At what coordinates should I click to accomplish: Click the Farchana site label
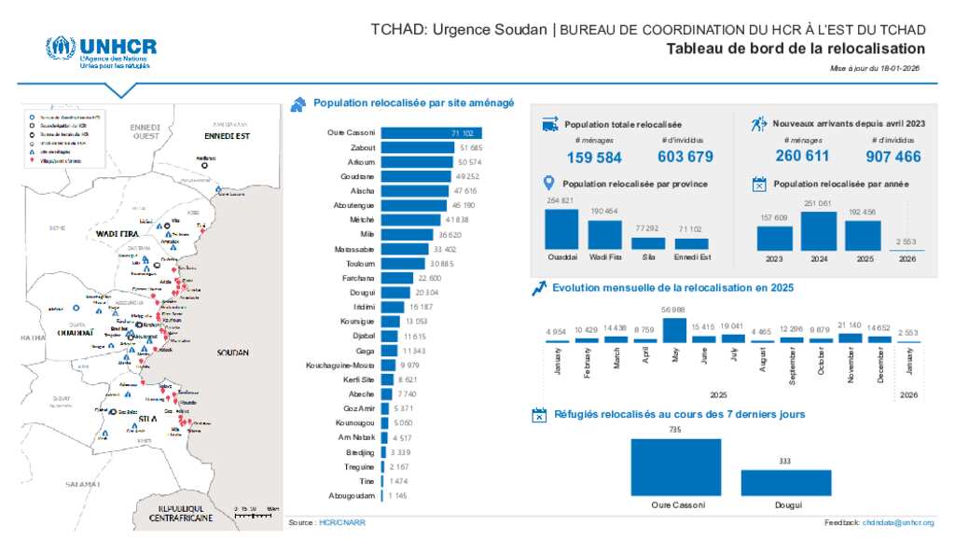360,278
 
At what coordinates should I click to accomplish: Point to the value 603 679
685,157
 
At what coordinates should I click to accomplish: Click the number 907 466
893,157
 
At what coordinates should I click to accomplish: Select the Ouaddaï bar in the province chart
561,228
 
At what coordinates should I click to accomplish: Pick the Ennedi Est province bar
691,243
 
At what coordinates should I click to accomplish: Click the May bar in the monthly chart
674,330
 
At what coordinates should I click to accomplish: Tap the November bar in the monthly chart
850,338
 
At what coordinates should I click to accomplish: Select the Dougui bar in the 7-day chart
786,482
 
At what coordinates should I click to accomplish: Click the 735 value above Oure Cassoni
675,430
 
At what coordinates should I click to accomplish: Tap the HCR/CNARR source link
342,523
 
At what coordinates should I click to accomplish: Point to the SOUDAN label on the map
231,354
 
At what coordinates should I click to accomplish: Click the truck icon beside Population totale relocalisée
550,124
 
